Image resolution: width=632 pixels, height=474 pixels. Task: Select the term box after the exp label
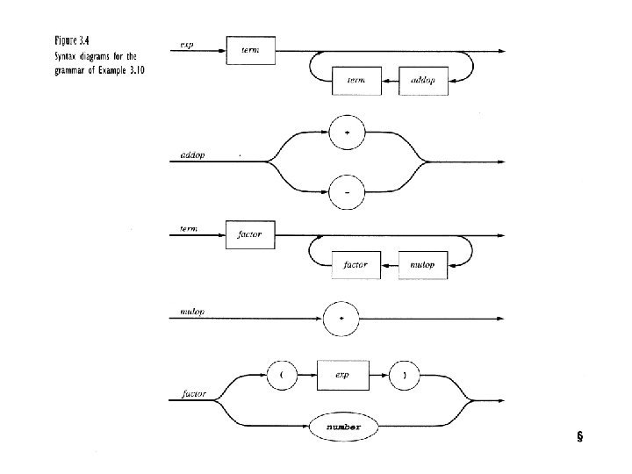coord(250,51)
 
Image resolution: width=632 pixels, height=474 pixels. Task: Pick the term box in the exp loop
coord(355,81)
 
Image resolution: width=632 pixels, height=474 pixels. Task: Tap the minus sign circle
coord(347,190)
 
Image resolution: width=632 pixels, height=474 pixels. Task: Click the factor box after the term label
coord(250,234)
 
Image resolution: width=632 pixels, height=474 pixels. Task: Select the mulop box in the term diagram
coord(423,264)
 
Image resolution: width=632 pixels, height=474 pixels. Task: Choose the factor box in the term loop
coord(355,264)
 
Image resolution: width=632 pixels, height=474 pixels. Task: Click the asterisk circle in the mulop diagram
coord(341,318)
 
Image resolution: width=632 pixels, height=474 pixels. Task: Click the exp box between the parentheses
coord(341,373)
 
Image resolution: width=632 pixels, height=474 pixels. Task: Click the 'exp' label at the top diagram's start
coord(187,44)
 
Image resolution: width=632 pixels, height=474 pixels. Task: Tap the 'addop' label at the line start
coord(191,154)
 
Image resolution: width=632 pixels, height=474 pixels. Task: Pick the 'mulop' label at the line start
coord(192,311)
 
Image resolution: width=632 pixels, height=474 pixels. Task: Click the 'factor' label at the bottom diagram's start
coord(194,394)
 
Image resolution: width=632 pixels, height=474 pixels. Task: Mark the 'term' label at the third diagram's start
coord(188,228)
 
